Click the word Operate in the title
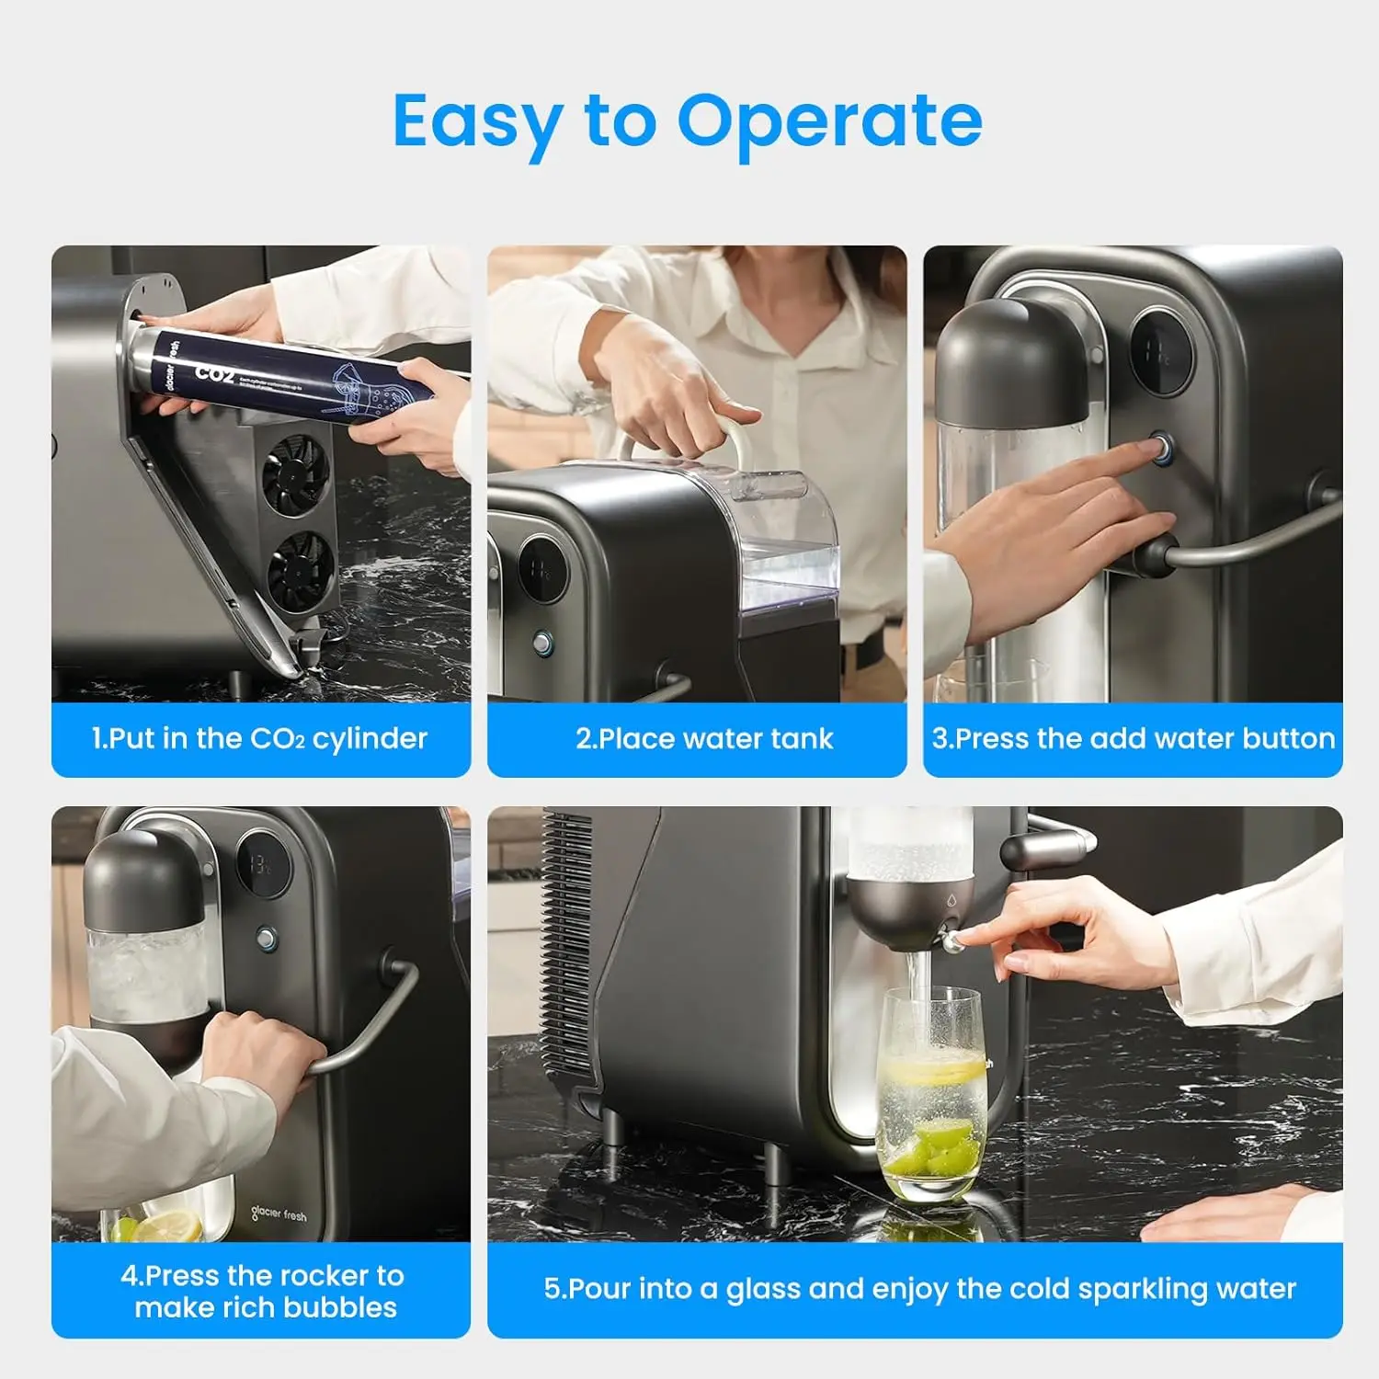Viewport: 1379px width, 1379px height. pyautogui.click(x=829, y=121)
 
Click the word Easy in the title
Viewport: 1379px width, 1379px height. pyautogui.click(x=476, y=121)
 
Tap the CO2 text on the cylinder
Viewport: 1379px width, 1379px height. pyautogui.click(x=214, y=372)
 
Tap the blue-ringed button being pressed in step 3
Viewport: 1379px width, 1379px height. pyautogui.click(x=1163, y=450)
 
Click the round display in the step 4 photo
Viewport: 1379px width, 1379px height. pyautogui.click(x=264, y=864)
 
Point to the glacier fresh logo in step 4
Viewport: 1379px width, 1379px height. pyautogui.click(x=279, y=1214)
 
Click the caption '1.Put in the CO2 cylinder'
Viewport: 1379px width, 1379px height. pyautogui.click(x=259, y=738)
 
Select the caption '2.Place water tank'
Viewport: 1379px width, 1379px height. pyautogui.click(x=704, y=738)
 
